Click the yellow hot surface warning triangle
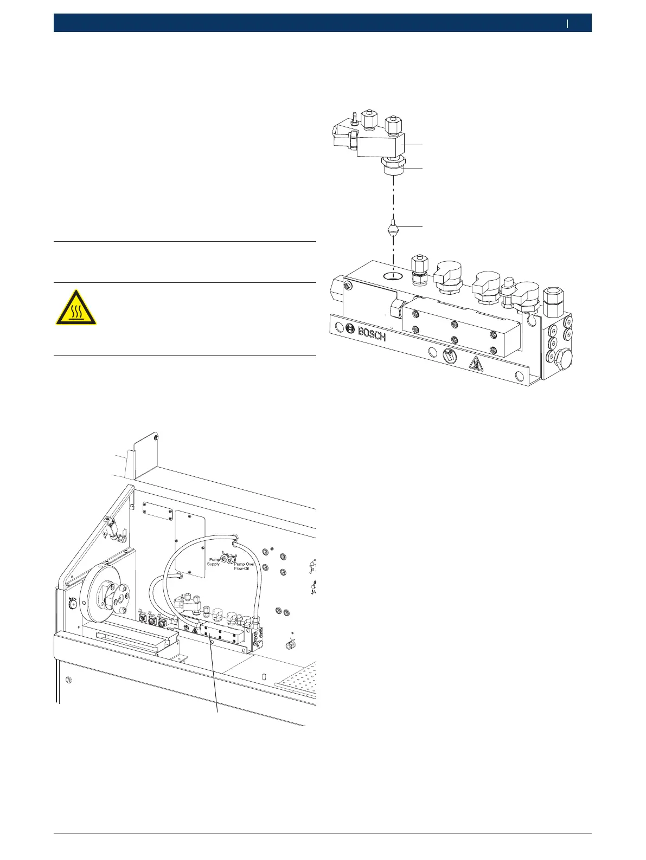pos(76,307)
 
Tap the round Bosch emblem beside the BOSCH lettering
pos(350,329)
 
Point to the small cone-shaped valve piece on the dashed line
pos(392,230)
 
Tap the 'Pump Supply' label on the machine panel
pos(214,561)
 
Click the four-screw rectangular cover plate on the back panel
pos(158,510)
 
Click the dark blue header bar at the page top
pos(322,23)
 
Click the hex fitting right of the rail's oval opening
pos(419,269)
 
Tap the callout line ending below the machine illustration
pos(216,704)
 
